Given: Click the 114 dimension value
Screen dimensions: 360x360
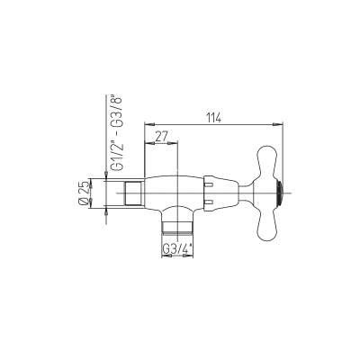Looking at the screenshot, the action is pos(213,118).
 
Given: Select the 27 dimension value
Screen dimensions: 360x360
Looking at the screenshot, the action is pos(161,137).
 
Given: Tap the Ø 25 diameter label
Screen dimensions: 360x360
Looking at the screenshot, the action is pos(85,193).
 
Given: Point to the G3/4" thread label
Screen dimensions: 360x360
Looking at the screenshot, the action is pos(178,248).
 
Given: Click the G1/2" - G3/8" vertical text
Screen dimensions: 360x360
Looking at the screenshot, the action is pos(118,134).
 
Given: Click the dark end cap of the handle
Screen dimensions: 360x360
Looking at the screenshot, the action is pos(280,193).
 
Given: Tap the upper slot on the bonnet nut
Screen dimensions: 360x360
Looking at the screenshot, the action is pos(209,184).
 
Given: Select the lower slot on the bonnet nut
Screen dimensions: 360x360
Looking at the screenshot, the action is pos(209,202).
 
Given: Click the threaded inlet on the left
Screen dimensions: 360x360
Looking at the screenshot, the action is pos(133,193).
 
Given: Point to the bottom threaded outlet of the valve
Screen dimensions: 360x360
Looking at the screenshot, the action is pos(177,227).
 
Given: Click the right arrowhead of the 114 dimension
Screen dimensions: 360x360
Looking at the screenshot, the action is pos(278,123).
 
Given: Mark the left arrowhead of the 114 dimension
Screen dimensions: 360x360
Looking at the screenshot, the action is pos(149,123).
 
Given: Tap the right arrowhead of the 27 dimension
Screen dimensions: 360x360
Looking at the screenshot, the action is pos(173,142).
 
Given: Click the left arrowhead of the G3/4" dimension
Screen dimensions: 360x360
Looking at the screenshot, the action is pos(166,256).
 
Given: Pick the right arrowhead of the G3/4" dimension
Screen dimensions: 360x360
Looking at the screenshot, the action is pos(188,256).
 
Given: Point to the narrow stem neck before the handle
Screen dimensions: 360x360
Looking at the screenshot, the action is pos(247,193).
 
